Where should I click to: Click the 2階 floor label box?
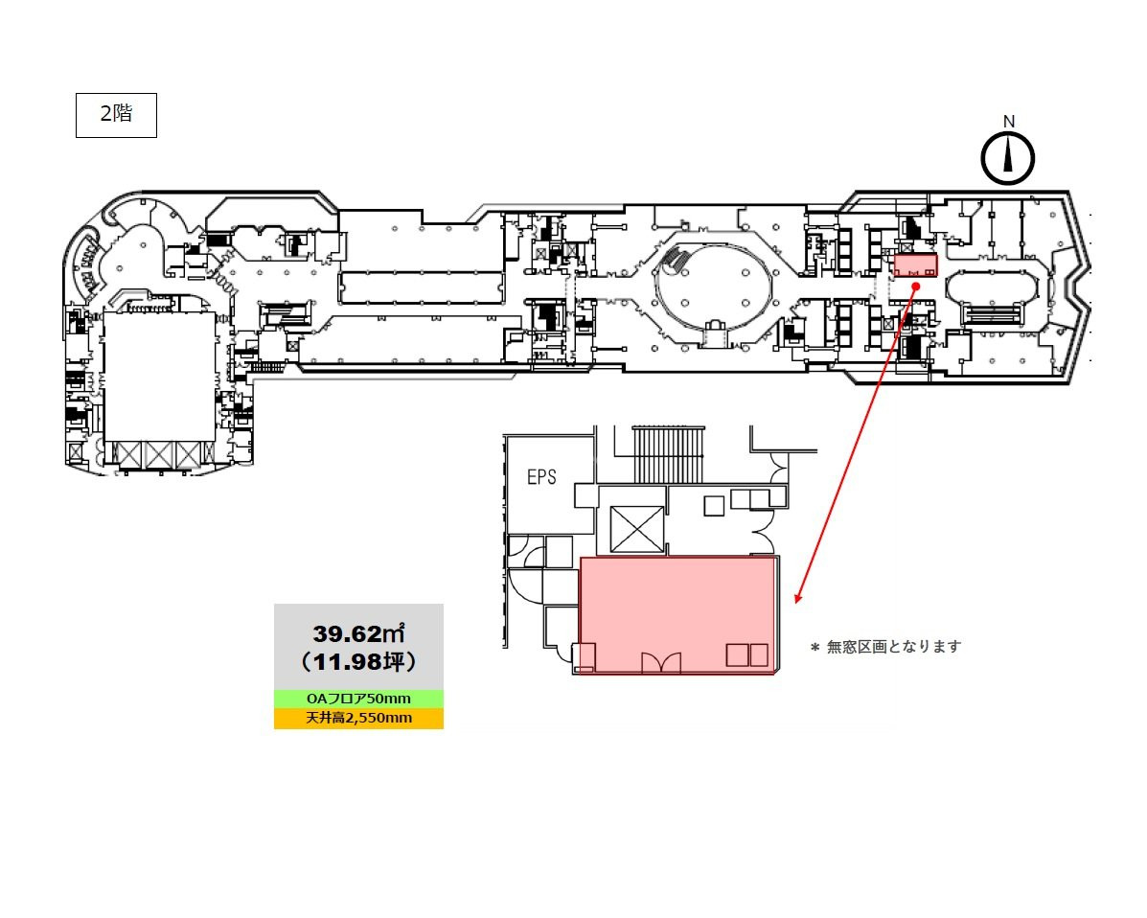click(116, 115)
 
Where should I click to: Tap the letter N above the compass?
click(1009, 122)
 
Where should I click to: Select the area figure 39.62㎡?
click(359, 632)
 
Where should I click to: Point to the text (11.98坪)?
click(358, 661)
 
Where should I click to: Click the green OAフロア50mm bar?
click(358, 699)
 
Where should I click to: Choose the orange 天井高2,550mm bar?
click(358, 718)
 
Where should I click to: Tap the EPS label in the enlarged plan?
click(541, 477)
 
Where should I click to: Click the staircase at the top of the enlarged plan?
click(669, 454)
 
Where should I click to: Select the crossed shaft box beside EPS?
click(636, 529)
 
